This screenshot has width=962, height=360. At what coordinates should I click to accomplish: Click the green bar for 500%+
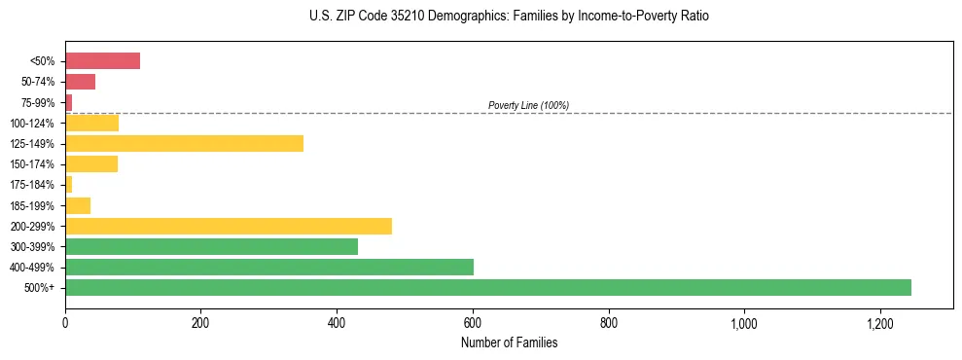[x=487, y=287]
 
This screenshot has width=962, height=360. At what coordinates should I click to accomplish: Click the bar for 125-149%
[x=184, y=144]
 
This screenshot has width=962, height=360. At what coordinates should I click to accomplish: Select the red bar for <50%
[x=102, y=61]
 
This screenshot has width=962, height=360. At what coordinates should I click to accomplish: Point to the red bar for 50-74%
[x=80, y=82]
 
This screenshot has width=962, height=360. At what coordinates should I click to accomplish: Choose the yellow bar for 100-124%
[x=91, y=123]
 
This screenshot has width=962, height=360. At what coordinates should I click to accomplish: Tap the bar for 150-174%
[x=90, y=164]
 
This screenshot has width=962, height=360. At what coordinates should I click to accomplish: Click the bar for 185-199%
[x=78, y=205]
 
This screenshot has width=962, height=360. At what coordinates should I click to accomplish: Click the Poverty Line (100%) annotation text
[x=528, y=105]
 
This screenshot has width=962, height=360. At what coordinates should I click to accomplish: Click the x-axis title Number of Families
[x=509, y=342]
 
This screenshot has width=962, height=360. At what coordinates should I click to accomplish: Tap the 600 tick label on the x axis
[x=473, y=323]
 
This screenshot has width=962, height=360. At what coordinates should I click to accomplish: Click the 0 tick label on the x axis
[x=65, y=323]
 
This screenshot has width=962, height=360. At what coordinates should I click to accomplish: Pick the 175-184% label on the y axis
[x=35, y=185]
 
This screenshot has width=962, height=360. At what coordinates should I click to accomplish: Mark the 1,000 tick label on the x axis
[x=744, y=323]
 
